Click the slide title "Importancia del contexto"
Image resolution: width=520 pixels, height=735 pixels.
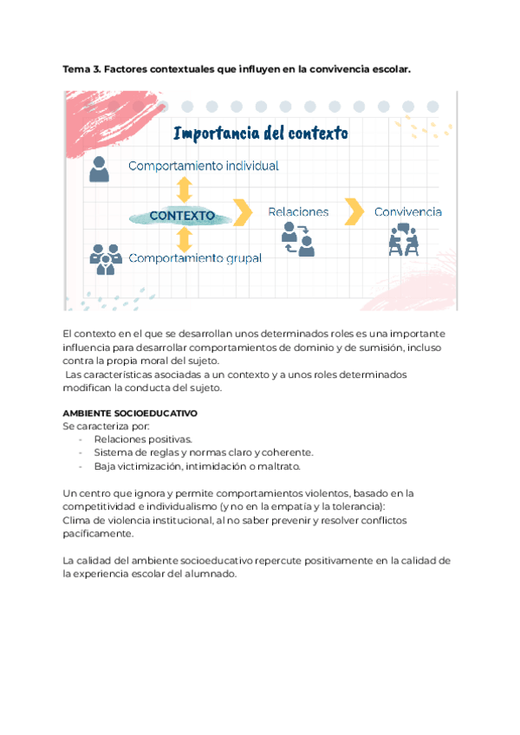[261, 133]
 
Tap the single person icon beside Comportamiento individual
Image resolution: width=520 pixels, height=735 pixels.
[100, 168]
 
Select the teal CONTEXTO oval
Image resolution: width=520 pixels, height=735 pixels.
[183, 214]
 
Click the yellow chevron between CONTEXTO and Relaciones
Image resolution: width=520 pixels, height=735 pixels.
[243, 211]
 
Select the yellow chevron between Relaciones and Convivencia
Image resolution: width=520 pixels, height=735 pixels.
[353, 211]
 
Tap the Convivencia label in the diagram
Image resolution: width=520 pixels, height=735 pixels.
[408, 211]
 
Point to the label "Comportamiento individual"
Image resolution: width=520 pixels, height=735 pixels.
[204, 165]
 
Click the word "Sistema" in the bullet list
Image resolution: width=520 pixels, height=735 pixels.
[113, 452]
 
